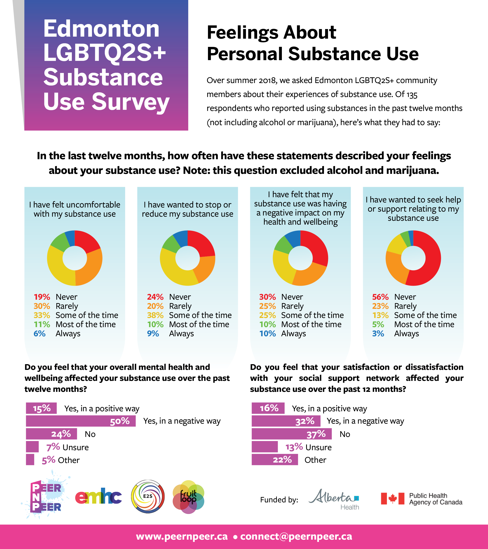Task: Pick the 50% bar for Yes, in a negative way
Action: tap(81, 421)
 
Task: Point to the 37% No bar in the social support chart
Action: tap(291, 434)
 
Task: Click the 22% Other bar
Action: tap(275, 460)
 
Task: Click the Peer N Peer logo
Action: tap(46, 498)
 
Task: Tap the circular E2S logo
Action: tap(148, 496)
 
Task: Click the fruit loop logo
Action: tap(188, 497)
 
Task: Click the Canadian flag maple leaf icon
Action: tap(392, 498)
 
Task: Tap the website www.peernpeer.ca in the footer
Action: tap(182, 536)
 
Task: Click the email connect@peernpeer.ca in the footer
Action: tap(296, 536)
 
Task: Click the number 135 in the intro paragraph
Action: tap(412, 94)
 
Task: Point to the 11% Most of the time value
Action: tap(42, 324)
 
